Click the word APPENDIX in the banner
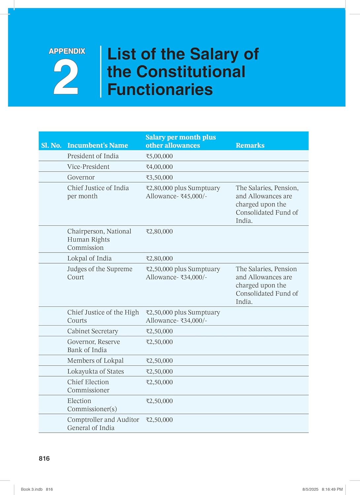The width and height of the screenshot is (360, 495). [67, 51]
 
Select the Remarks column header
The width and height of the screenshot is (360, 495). [250, 145]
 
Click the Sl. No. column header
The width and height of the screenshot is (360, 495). [51, 145]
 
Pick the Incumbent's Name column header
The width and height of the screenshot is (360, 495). [97, 145]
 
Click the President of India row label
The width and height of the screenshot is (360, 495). [93, 156]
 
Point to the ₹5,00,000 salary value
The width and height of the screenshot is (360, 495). [159, 156]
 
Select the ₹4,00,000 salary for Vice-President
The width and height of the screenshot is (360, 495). [159, 167]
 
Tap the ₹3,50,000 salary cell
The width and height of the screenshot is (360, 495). [159, 177]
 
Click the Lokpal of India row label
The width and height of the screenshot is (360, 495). [89, 258]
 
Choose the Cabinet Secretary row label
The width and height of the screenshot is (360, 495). [92, 331]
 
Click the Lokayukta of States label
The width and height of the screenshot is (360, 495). [95, 371]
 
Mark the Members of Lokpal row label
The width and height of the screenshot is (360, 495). [95, 360]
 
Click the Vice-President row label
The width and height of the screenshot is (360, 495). [88, 167]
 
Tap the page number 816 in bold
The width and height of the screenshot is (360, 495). [44, 458]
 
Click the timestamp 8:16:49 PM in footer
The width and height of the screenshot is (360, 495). [332, 489]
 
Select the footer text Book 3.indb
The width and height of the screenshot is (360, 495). [32, 489]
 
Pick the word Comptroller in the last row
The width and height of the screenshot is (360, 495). [85, 419]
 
